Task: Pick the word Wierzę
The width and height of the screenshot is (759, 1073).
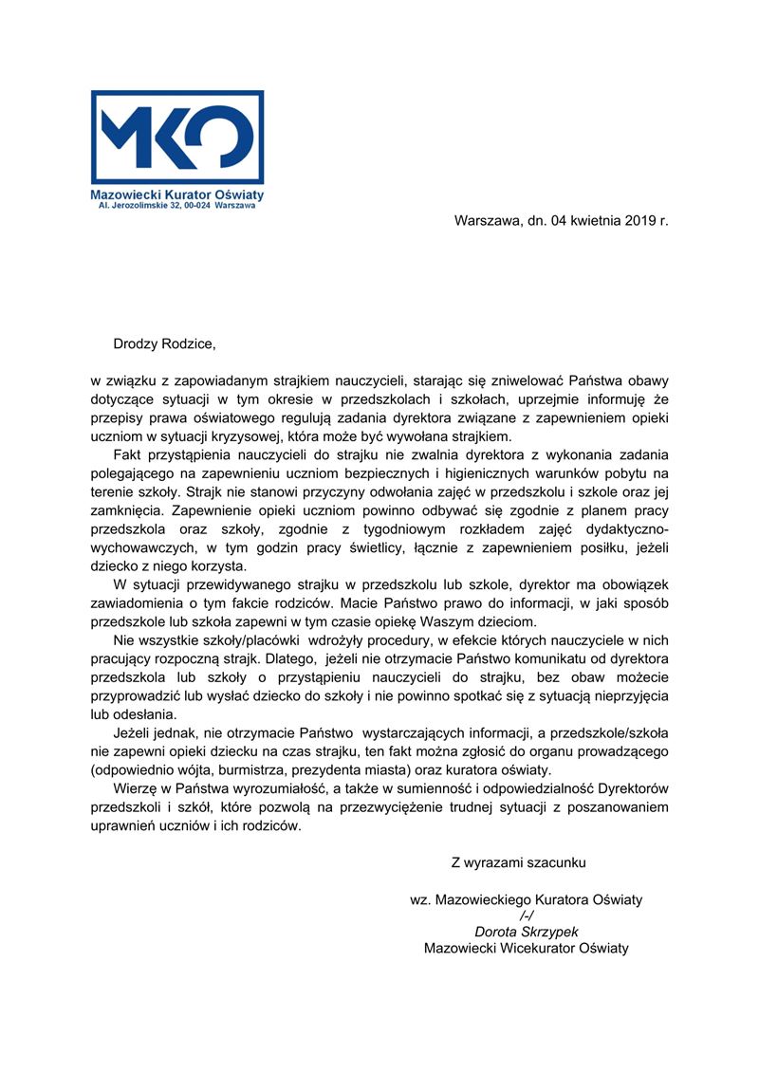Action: coord(134,789)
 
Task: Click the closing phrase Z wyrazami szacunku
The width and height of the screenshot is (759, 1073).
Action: coord(519,862)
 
